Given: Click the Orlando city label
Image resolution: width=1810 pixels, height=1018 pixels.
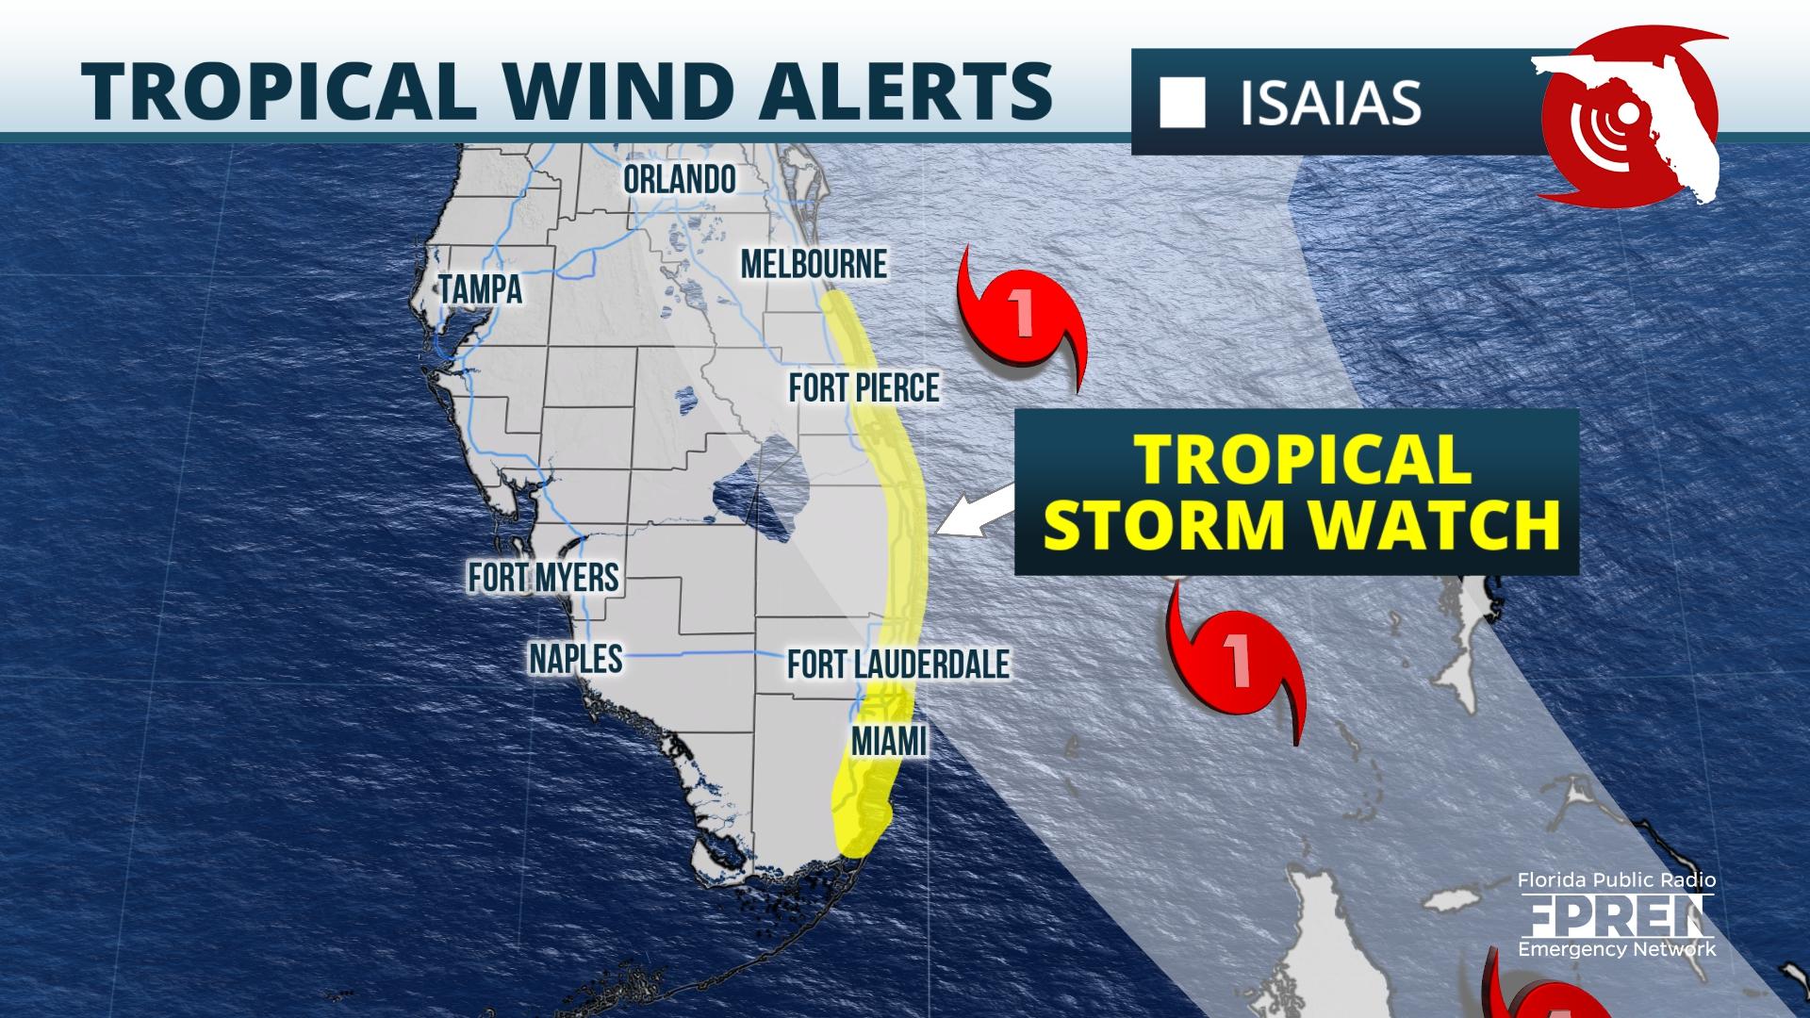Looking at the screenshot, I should (x=679, y=179).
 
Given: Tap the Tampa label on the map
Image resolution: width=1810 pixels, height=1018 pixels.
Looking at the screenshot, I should (x=481, y=289).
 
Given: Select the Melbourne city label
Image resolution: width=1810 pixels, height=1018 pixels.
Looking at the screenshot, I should (x=814, y=264).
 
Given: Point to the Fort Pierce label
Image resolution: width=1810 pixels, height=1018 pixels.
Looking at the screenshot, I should (x=864, y=387).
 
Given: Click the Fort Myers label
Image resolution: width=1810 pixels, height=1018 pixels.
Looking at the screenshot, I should (x=544, y=577).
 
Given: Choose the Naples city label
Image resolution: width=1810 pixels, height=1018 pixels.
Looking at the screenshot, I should (x=575, y=659).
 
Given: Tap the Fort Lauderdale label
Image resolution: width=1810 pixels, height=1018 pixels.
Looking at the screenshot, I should (x=898, y=664).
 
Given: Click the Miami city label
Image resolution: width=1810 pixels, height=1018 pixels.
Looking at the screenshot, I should (x=888, y=741).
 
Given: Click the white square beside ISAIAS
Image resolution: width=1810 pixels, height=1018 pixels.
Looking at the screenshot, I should (x=1182, y=104).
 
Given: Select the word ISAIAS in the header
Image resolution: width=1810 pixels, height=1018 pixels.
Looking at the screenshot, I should (x=1330, y=104).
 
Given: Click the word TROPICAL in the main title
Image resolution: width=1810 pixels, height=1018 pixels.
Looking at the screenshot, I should (x=273, y=91).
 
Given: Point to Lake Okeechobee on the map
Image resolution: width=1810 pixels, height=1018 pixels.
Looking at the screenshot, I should (x=764, y=497).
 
